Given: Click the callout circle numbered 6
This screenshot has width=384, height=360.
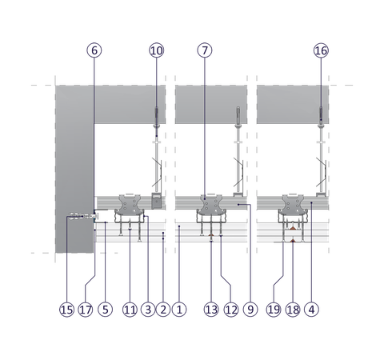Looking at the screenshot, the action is [x=94, y=50].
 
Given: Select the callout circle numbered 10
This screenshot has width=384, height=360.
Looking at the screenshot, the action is [x=157, y=50].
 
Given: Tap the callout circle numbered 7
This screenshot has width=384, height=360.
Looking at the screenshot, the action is [x=205, y=50].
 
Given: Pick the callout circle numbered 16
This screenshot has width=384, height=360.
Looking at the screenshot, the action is [x=321, y=50].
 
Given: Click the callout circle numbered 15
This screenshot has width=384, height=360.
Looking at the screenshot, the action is [x=66, y=310].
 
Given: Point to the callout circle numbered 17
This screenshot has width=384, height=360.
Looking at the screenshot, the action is [x=86, y=310].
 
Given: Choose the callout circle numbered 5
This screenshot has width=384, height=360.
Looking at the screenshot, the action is [x=106, y=310].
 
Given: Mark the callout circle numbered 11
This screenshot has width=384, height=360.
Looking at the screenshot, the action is [x=130, y=310].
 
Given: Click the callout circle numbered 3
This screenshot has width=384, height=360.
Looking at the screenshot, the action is [x=148, y=310].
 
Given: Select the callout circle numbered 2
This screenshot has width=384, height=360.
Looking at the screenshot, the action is [x=163, y=310].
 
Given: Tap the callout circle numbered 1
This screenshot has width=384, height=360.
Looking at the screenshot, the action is [x=179, y=310].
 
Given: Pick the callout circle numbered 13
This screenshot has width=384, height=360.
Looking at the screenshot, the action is [x=211, y=310].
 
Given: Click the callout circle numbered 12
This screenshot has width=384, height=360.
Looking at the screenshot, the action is [x=231, y=310].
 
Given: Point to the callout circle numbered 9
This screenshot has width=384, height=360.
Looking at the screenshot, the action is [x=250, y=310].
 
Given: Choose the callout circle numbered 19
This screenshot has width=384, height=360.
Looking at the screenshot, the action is [x=274, y=310].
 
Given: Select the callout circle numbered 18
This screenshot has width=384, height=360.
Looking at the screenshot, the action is [x=293, y=310].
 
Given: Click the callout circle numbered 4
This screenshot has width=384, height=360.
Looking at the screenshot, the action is [x=311, y=310].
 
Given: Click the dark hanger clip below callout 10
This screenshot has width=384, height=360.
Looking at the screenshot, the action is [x=157, y=201].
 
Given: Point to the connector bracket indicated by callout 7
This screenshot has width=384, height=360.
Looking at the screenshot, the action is [x=211, y=205].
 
